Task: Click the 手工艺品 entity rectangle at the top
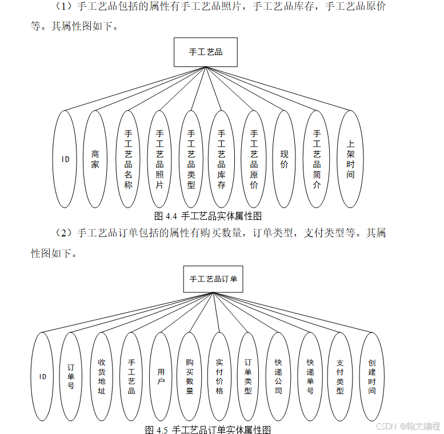click(206, 52)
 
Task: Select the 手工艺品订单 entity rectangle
click(213, 279)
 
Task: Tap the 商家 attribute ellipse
click(95, 159)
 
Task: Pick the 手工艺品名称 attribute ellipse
click(128, 159)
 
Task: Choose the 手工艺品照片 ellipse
click(159, 159)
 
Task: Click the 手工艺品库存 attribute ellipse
click(222, 159)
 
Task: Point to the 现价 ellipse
click(285, 159)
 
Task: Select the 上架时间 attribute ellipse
click(350, 159)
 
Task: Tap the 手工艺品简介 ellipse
click(317, 159)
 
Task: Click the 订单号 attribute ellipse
click(71, 377)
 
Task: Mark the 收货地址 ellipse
click(102, 377)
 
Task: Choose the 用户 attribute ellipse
click(161, 377)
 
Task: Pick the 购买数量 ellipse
click(190, 377)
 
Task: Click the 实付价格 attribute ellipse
click(219, 377)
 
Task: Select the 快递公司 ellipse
click(278, 377)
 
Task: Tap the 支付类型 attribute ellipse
click(340, 377)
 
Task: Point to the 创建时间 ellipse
click(372, 377)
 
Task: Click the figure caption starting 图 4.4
click(208, 216)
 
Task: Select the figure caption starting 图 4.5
click(208, 429)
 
